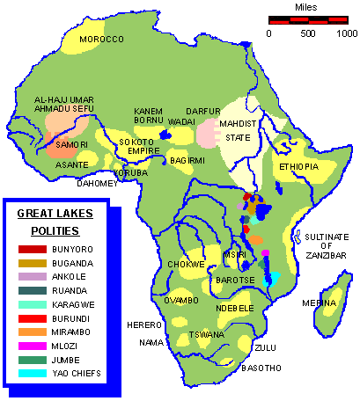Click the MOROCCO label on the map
click(x=99, y=40)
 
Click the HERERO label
click(x=145, y=324)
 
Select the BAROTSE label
click(x=232, y=281)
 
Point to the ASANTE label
click(x=72, y=164)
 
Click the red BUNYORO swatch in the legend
click(x=31, y=249)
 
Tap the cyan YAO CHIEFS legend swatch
click(x=31, y=372)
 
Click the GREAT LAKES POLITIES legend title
click(x=55, y=222)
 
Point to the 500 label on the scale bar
click(x=308, y=33)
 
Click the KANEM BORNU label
click(x=150, y=116)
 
